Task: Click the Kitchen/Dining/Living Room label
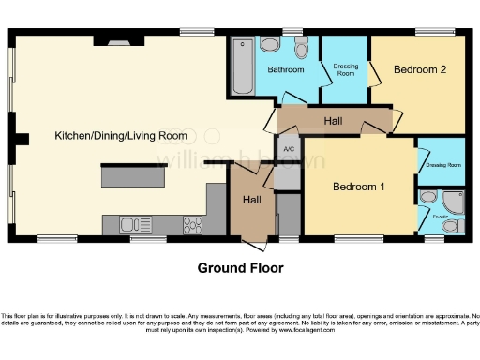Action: pyautogui.click(x=120, y=137)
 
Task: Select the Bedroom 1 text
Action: pyautogui.click(x=359, y=186)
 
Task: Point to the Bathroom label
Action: pyautogui.click(x=285, y=70)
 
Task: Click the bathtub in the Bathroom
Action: pyautogui.click(x=241, y=66)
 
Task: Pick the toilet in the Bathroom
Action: pyautogui.click(x=301, y=49)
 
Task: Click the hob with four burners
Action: pyautogui.click(x=192, y=223)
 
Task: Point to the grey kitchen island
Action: pyautogui.click(x=133, y=175)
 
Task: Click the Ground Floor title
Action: pyautogui.click(x=240, y=268)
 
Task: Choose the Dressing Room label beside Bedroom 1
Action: pyautogui.click(x=442, y=165)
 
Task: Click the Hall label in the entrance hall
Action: pyautogui.click(x=252, y=201)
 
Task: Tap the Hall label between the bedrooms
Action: pyautogui.click(x=333, y=122)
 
